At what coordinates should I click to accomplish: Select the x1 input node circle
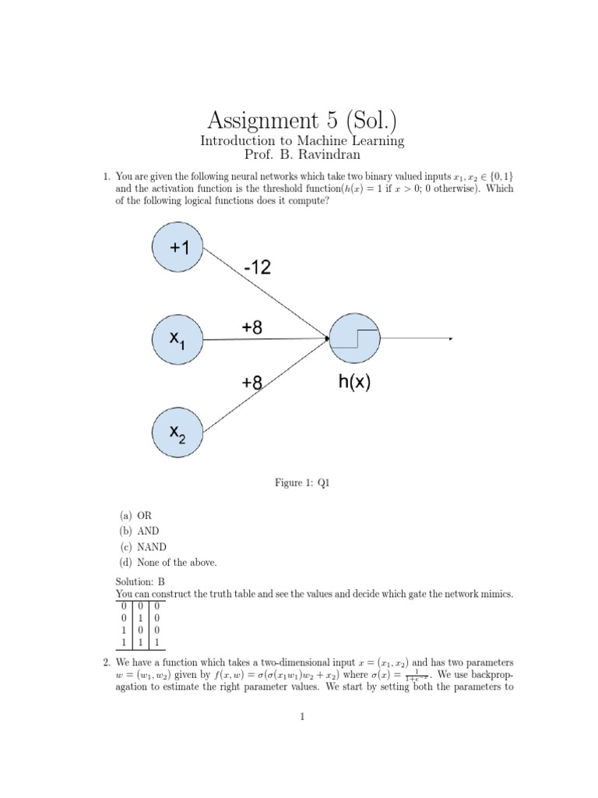coord(178,339)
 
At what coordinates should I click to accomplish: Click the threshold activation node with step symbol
coord(355,339)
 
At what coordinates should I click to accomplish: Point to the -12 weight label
coord(258,268)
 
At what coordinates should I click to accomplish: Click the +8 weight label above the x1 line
coord(252,328)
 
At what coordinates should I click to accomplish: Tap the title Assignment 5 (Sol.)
coord(301,121)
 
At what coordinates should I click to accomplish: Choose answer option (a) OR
coord(137,516)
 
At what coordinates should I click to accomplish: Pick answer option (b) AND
coord(140,531)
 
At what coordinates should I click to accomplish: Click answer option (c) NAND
coord(144,547)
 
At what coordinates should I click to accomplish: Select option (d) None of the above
coord(168,563)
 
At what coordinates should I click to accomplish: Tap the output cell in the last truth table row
coord(156,642)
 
